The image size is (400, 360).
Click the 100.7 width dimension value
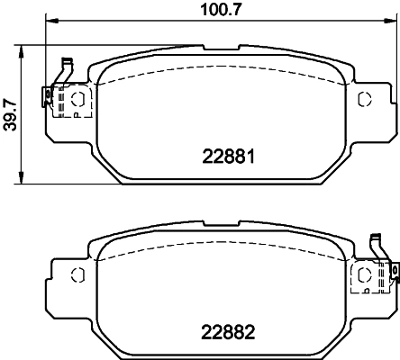214,10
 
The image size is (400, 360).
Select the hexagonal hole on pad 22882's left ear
77,273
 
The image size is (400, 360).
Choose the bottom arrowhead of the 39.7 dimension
22,181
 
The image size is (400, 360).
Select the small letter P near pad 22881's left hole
77,113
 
